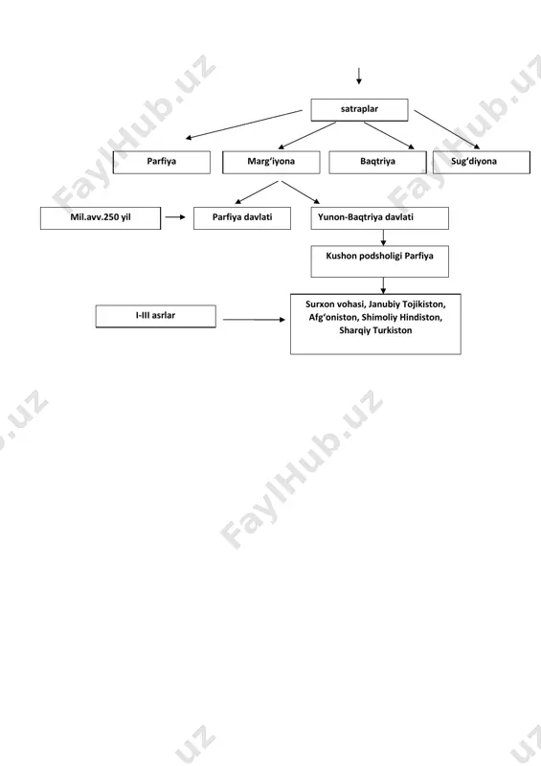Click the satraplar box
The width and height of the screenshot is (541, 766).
(359, 109)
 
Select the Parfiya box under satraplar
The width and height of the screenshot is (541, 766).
(161, 162)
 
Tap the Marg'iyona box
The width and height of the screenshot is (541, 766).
(271, 162)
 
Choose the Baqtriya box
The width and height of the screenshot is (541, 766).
(377, 162)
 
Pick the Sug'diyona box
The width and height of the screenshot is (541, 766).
(482, 162)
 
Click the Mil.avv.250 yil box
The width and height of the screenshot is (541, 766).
(101, 218)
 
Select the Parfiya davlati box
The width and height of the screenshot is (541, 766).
(242, 218)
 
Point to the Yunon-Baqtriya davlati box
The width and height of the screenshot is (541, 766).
(380, 218)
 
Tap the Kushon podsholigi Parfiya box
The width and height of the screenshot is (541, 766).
(380, 261)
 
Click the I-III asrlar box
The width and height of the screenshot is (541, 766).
(155, 316)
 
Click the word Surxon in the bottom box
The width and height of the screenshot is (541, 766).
(319, 304)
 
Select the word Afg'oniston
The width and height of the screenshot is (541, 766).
(333, 318)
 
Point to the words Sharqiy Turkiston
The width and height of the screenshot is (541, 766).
(375, 330)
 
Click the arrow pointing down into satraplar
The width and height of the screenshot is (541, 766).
(359, 76)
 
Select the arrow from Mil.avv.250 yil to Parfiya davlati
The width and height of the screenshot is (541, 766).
(175, 217)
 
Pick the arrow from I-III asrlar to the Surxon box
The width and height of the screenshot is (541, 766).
(254, 320)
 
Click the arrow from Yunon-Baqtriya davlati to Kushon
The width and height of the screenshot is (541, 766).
(383, 237)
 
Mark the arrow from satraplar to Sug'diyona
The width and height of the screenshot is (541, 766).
(447, 129)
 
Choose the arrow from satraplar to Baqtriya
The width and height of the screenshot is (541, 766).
(389, 135)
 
